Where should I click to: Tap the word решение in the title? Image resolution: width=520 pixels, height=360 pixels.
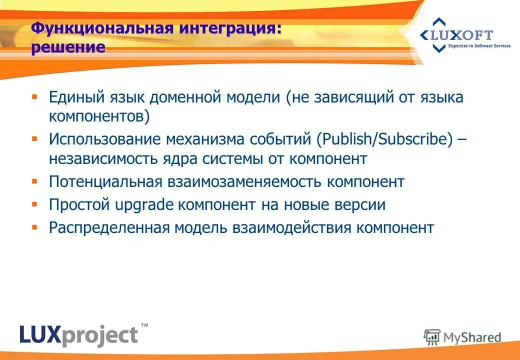[x=68, y=47]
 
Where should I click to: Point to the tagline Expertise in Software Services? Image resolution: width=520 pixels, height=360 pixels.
[x=478, y=46]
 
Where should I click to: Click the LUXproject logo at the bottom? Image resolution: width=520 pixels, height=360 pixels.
[x=78, y=334]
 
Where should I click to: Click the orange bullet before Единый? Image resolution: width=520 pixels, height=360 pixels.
[x=34, y=95]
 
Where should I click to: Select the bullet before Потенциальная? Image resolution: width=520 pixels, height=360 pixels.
[x=34, y=180]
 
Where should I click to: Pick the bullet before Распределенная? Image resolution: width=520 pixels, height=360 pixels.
[x=34, y=226]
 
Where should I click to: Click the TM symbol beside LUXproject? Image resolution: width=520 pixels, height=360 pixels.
[x=144, y=325]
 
